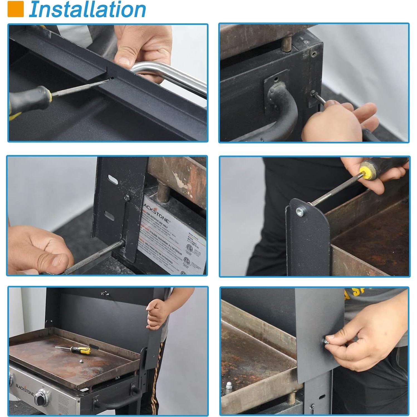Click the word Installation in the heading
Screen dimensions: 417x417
[87, 9]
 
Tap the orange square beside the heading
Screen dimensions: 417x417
[15, 9]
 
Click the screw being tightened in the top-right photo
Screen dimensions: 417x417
[313, 93]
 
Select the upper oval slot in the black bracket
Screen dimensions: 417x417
[113, 180]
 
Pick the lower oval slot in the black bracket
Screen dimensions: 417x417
[109, 215]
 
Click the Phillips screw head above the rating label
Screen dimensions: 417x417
[127, 198]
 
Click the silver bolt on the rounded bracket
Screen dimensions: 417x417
[300, 212]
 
